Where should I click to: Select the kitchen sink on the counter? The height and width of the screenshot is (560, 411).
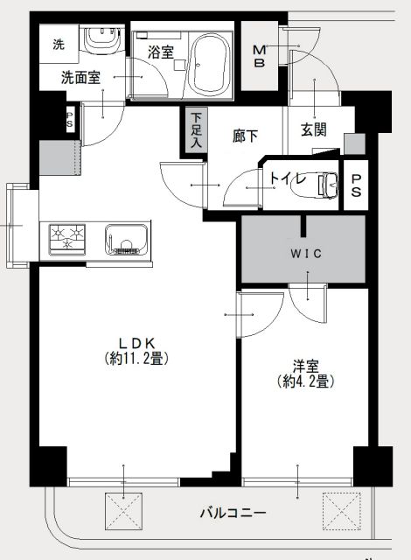point(126,240)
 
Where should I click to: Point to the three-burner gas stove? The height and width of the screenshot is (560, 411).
point(67,240)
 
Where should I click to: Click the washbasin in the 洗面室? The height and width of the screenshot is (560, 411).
point(101,40)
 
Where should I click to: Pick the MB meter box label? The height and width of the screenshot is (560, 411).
point(260,56)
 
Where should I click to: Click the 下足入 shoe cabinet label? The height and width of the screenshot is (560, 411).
point(196,130)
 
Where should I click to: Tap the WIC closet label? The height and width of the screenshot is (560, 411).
point(306,254)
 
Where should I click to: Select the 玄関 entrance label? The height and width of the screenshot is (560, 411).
point(314,129)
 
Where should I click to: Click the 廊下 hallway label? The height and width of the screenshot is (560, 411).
point(245,136)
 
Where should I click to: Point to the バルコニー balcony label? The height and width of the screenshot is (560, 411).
point(233,514)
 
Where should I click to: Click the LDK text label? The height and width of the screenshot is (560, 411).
point(137,344)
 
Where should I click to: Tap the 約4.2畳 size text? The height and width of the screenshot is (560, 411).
point(306,382)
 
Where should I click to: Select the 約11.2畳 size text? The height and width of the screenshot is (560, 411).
point(136,358)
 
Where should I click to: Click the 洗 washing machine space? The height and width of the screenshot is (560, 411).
point(59,44)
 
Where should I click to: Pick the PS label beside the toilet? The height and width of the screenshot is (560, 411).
point(356,185)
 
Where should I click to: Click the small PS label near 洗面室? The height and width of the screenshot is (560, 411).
point(70,119)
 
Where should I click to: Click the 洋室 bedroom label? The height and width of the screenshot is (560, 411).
point(306,367)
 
